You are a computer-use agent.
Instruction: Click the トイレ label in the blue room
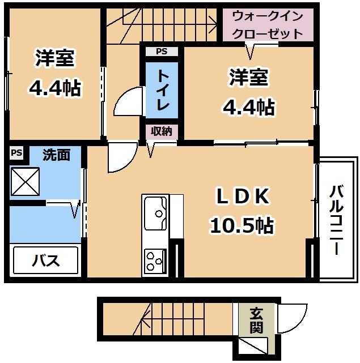coord(162,90)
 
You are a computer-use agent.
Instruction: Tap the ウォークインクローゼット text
coord(268,25)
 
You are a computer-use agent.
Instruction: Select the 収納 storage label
coord(162,131)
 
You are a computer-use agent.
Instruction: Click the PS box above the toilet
coord(162,51)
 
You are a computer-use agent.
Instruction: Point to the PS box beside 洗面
coord(16,152)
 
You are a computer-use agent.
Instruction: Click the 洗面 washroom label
coord(56,155)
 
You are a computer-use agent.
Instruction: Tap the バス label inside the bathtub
coord(46,260)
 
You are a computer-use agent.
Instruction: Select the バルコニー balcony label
coord(336,220)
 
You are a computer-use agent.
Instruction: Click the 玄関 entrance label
coord(256,320)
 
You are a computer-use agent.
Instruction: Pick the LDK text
coord(243,196)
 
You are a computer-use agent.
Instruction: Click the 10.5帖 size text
coord(242,225)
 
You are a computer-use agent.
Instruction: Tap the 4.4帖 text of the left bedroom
coord(54,88)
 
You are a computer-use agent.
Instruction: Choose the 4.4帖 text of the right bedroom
coord(249,107)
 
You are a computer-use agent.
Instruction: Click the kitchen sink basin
coord(155,213)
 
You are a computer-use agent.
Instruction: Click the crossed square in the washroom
coord(25,181)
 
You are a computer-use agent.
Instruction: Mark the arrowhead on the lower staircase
coord(145,320)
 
